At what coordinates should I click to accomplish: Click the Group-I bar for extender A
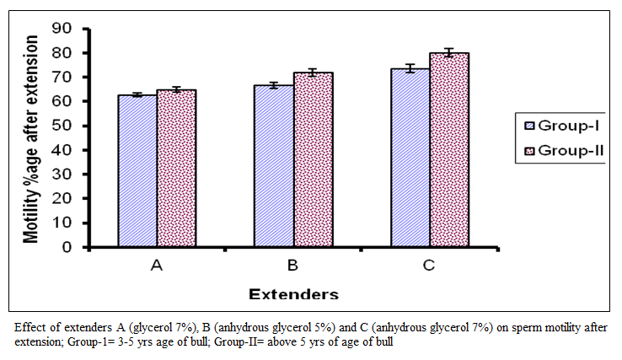coord(137,171)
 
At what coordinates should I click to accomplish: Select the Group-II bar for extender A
coord(176,169)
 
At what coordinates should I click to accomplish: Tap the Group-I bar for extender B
coord(274,166)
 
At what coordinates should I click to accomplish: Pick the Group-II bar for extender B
coord(314,160)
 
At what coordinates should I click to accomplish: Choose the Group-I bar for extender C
coord(410,158)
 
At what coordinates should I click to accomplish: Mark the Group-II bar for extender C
coord(449,150)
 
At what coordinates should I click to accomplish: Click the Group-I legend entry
coord(561,126)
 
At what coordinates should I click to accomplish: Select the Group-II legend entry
coord(564,151)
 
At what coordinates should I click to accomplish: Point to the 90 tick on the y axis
coord(62,28)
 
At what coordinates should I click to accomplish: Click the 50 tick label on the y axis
coord(62,126)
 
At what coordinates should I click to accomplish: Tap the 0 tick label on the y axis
coord(67,247)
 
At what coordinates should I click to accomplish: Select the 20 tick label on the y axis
coord(62,198)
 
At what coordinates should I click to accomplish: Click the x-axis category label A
coord(157,265)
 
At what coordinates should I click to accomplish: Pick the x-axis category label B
coord(292,265)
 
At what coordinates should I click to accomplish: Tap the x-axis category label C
coord(429,265)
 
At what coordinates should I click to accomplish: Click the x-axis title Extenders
coord(293,294)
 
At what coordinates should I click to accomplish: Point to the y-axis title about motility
coord(30,139)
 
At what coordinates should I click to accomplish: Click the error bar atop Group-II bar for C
coord(448,52)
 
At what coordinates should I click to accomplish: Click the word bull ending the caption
coord(384,341)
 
